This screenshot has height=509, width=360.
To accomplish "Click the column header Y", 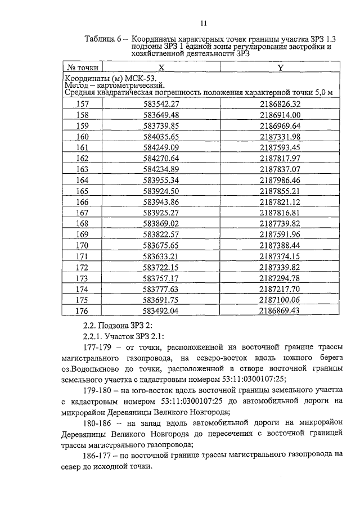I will [280, 67].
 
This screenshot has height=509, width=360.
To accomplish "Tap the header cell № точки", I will [83, 67].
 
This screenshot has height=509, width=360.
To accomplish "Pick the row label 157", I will [83, 104].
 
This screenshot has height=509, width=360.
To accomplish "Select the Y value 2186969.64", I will [280, 125].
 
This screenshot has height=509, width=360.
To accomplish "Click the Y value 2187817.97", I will [280, 158].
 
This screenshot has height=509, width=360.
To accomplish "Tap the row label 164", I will [83, 180].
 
